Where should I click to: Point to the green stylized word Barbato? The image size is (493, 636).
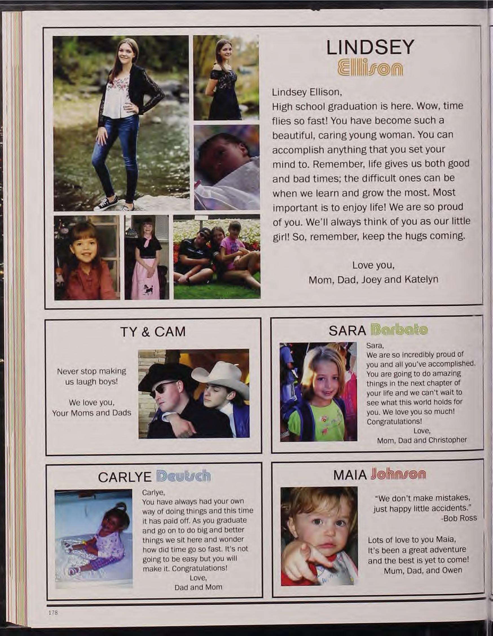tap(399, 330)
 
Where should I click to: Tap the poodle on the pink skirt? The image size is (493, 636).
tap(145, 288)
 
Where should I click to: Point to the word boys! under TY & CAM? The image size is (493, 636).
tap(107, 381)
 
